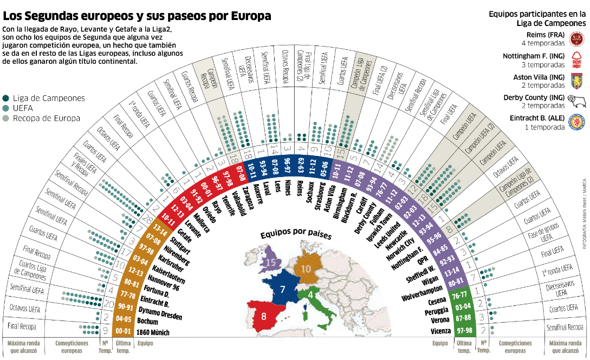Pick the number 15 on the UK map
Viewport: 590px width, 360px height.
coord(271,263)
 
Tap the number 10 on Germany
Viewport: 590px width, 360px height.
coord(306,269)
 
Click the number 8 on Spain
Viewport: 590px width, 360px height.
coord(264,316)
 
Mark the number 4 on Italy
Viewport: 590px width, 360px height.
coord(310,295)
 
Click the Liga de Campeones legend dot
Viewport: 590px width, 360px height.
coord(5,99)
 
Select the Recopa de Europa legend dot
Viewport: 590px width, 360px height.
coord(5,118)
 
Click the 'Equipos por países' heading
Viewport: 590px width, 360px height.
coord(295,236)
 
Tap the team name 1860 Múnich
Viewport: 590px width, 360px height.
coord(153,332)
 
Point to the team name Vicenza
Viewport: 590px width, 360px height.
coord(440,331)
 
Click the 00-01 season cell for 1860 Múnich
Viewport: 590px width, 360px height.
coord(124,331)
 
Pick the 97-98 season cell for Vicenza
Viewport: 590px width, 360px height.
coord(464,330)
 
